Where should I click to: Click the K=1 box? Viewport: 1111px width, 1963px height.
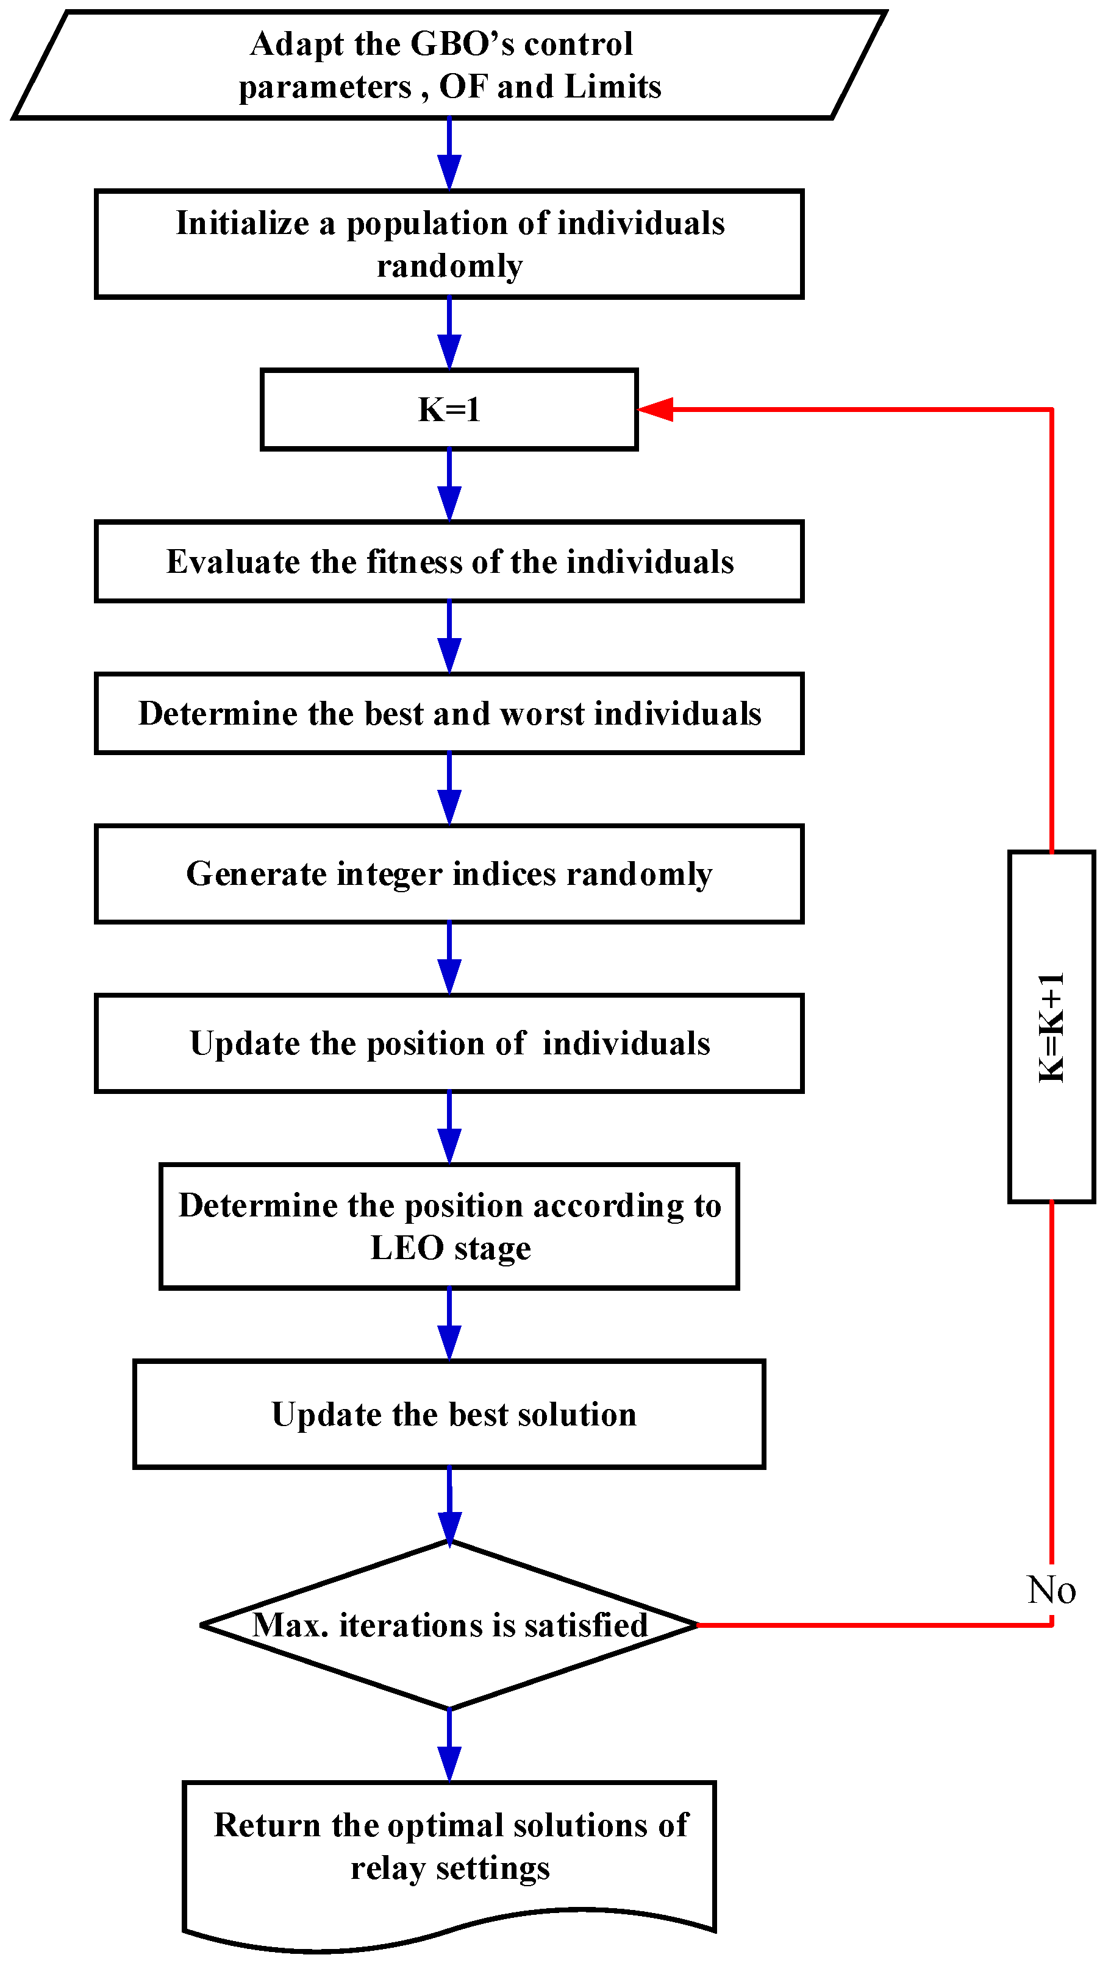[449, 410]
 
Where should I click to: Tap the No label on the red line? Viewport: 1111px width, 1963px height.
[1051, 1590]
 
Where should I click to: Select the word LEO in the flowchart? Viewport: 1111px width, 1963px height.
[407, 1248]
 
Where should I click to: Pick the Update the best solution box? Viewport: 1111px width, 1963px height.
[449, 1415]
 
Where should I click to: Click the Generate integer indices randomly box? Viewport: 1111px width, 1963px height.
[449, 874]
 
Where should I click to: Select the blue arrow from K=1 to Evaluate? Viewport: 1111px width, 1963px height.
[449, 486]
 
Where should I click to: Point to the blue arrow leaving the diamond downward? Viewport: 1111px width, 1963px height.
[449, 1747]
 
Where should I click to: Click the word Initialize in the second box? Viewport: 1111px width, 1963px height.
[242, 224]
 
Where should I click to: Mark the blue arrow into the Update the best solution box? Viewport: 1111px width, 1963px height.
[449, 1325]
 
